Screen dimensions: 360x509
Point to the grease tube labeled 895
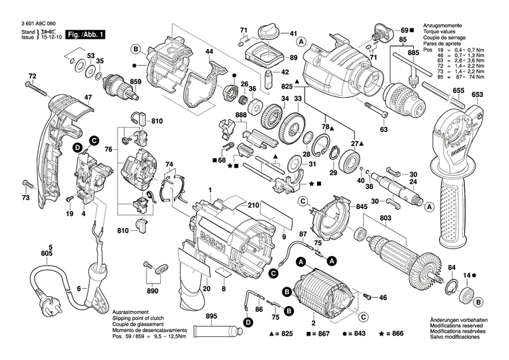(x=217, y=331)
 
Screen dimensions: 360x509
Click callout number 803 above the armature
(x=385, y=218)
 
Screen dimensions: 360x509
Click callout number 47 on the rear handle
(x=69, y=97)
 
